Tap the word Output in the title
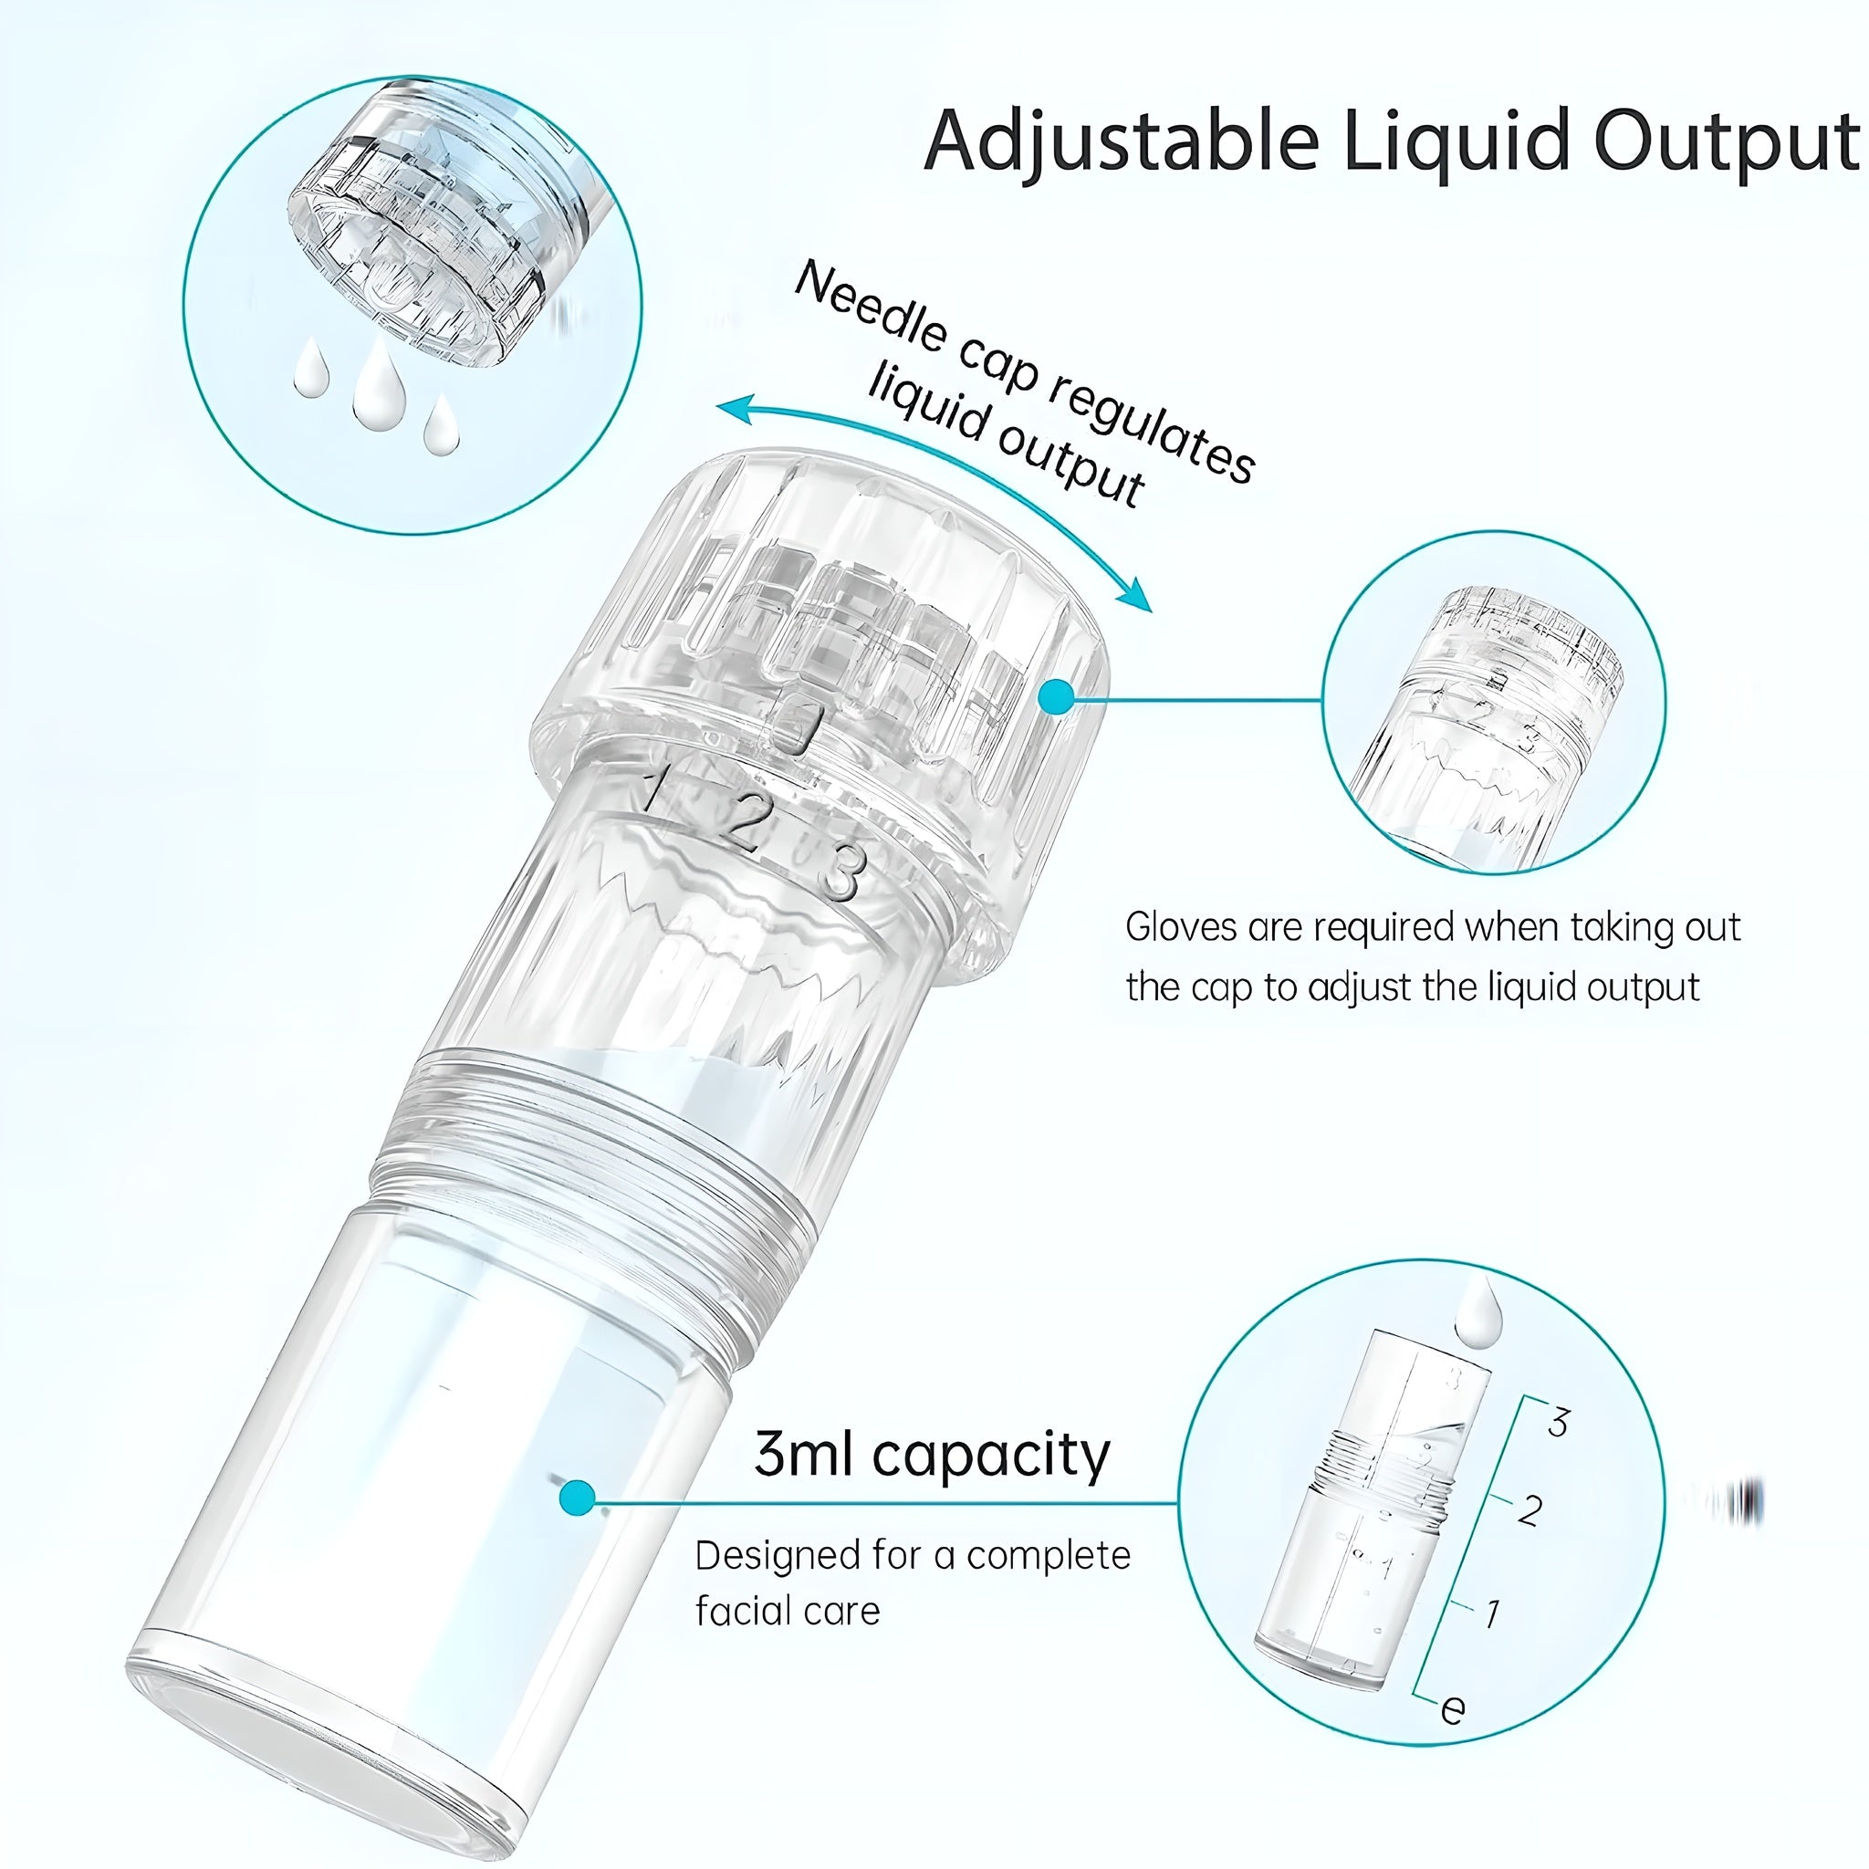1726,141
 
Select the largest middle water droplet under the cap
378,387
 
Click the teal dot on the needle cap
1059,696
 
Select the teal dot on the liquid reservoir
578,1498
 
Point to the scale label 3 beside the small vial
1558,1422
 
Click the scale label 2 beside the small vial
1530,1509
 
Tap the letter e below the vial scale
1452,1709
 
